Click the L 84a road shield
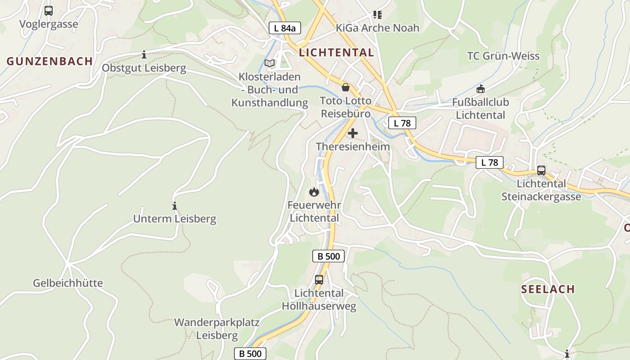[x=285, y=28]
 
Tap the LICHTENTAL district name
[x=336, y=53]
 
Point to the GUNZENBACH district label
[x=49, y=61]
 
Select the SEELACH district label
[x=548, y=289]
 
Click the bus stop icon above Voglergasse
[x=49, y=10]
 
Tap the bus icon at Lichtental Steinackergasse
[x=541, y=171]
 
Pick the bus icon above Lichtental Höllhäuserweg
[x=319, y=279]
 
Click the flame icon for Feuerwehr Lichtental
[x=314, y=192]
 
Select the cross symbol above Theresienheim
[x=353, y=133]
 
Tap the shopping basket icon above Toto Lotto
[x=346, y=87]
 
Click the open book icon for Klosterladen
[x=270, y=63]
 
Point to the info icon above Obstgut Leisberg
[x=144, y=55]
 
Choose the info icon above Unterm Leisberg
[x=175, y=206]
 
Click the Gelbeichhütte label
[x=68, y=283]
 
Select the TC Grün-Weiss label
[x=503, y=56]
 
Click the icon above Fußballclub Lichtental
[x=481, y=89]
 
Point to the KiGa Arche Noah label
[x=377, y=28]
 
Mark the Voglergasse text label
[x=49, y=24]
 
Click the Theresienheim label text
[x=353, y=147]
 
